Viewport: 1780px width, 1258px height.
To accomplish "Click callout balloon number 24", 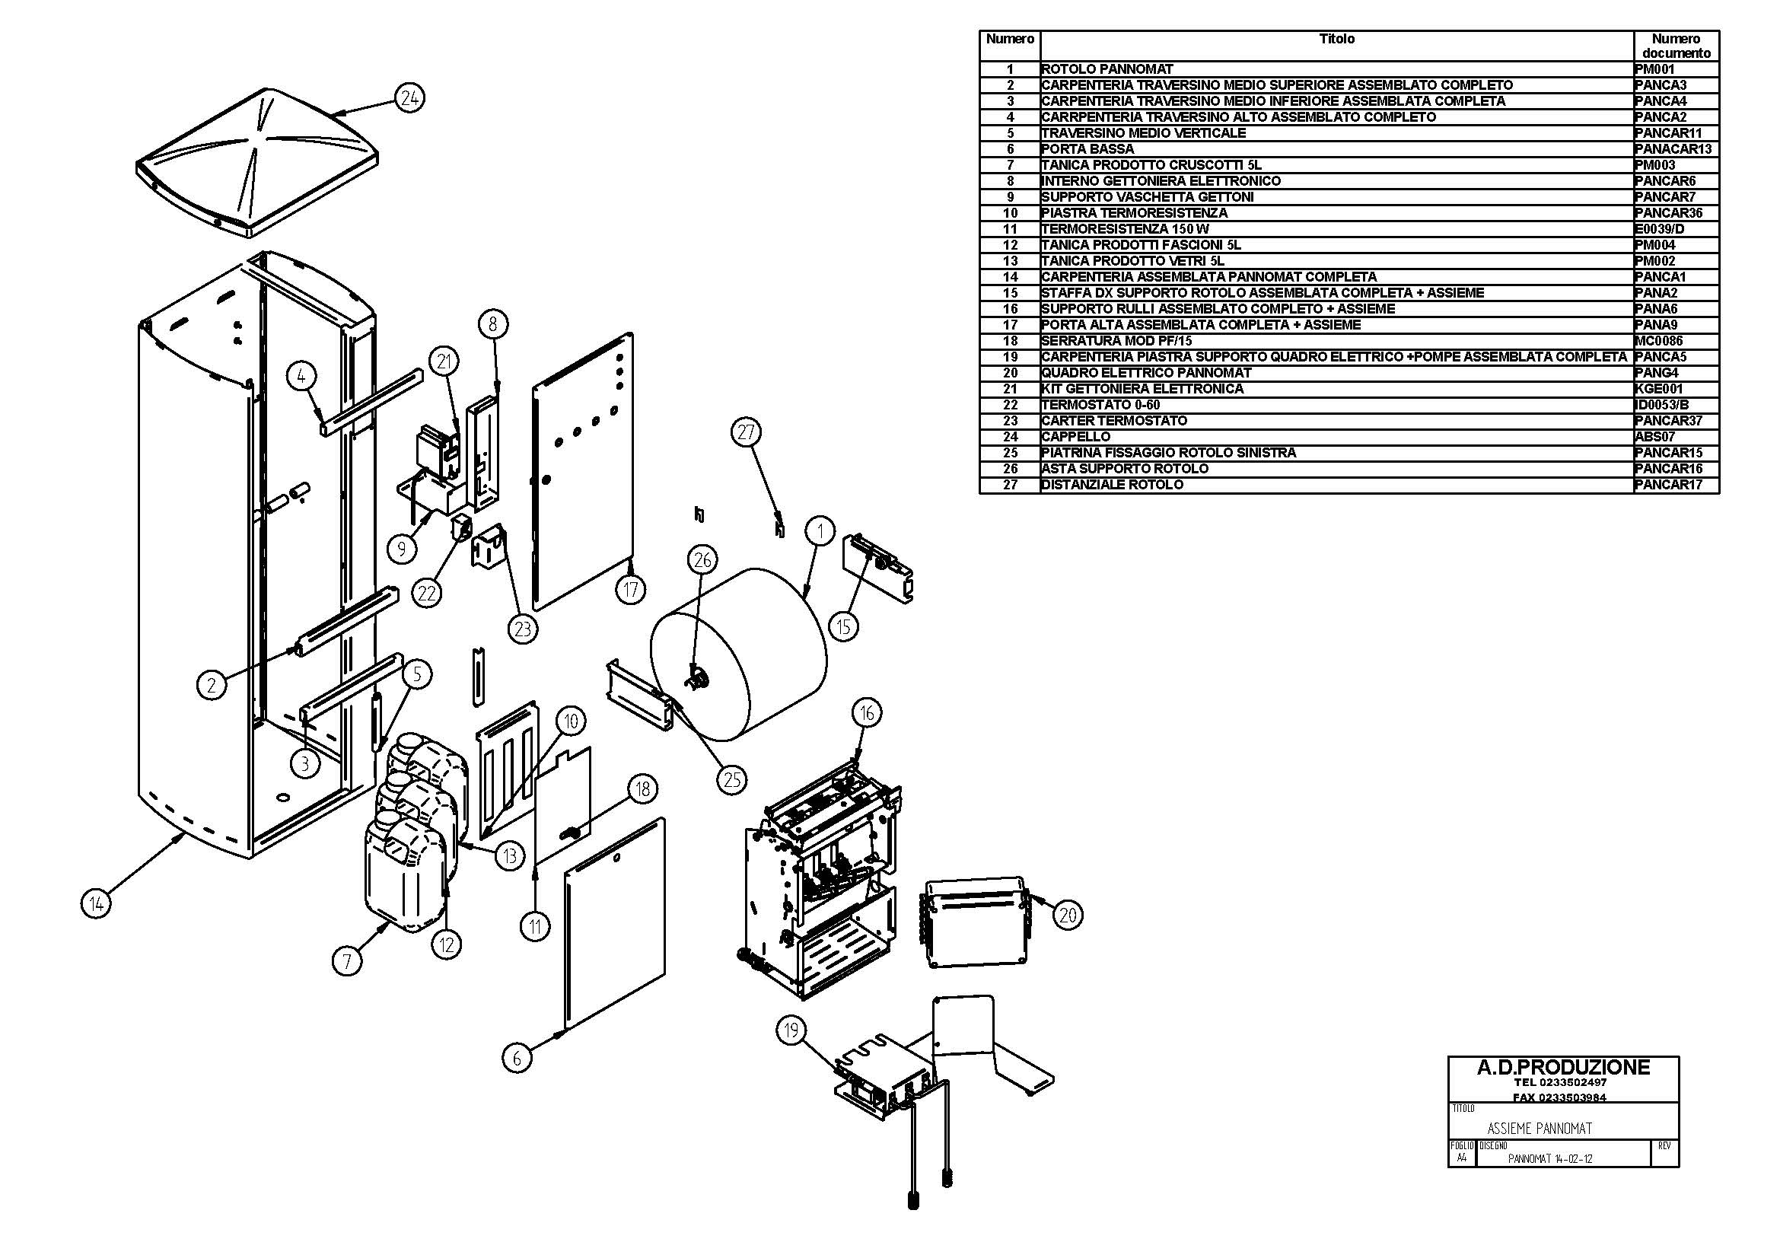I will coord(409,98).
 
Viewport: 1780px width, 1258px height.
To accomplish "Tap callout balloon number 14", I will coord(95,903).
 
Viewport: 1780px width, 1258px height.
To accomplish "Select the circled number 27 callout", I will coord(746,432).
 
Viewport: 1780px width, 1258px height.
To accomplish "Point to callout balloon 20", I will coord(1068,916).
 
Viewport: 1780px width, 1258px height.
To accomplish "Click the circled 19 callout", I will coord(791,1030).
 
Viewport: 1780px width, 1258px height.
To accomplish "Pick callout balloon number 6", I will coord(517,1057).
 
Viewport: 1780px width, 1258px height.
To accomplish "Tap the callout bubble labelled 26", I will coord(702,559).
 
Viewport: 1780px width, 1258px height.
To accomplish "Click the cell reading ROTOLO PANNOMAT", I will coord(1107,69).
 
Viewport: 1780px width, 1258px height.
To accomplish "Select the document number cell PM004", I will coord(1655,245).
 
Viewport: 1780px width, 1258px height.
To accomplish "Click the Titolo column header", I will coord(1336,39).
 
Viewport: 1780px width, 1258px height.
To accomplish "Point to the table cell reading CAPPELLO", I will coord(1075,437).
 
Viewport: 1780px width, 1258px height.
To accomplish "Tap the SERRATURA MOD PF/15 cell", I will coord(1116,341).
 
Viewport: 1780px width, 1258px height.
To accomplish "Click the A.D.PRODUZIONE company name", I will coord(1563,1068).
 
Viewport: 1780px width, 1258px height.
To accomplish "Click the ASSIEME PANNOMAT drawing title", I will coord(1540,1128).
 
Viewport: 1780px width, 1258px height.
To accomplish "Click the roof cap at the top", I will coord(256,163).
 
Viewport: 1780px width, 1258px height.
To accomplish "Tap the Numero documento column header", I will coord(1676,46).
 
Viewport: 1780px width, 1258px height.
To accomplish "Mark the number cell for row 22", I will coord(1009,406).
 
